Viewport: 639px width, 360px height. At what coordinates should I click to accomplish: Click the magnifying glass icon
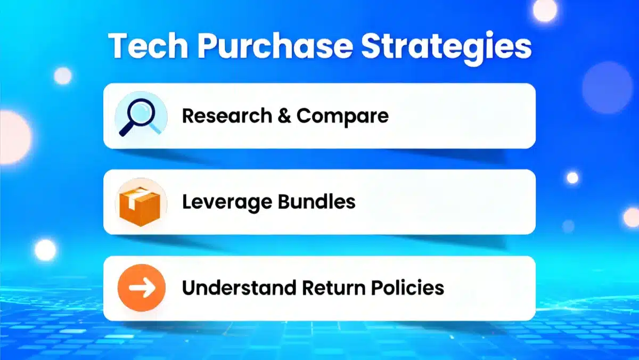pyautogui.click(x=140, y=116)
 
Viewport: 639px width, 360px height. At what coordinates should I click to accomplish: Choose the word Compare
pyautogui.click(x=342, y=116)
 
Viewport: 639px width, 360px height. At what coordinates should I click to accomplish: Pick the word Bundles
pyautogui.click(x=314, y=202)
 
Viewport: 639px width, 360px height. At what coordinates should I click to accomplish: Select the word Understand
pyautogui.click(x=239, y=288)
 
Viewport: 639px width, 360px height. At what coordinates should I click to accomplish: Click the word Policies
pyautogui.click(x=409, y=288)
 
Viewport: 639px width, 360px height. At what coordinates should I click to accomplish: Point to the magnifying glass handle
pyautogui.click(x=127, y=129)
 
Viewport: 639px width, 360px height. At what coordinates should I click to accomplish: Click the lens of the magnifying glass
pyautogui.click(x=143, y=111)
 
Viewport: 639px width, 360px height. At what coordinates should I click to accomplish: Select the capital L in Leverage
pyautogui.click(x=186, y=202)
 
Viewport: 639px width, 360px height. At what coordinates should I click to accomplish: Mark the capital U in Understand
pyautogui.click(x=189, y=288)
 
